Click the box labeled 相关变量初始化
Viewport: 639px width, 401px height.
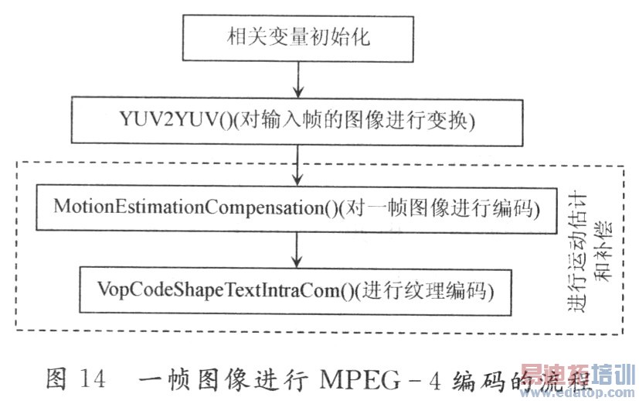(297, 35)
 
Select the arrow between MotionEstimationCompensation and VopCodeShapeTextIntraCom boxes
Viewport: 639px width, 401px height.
(297, 249)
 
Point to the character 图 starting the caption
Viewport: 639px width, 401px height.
(57, 380)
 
